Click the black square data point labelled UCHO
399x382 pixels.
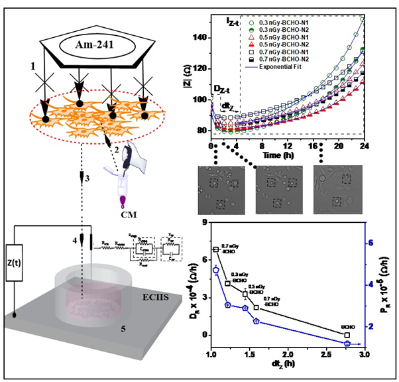pyautogui.click(x=347, y=336)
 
